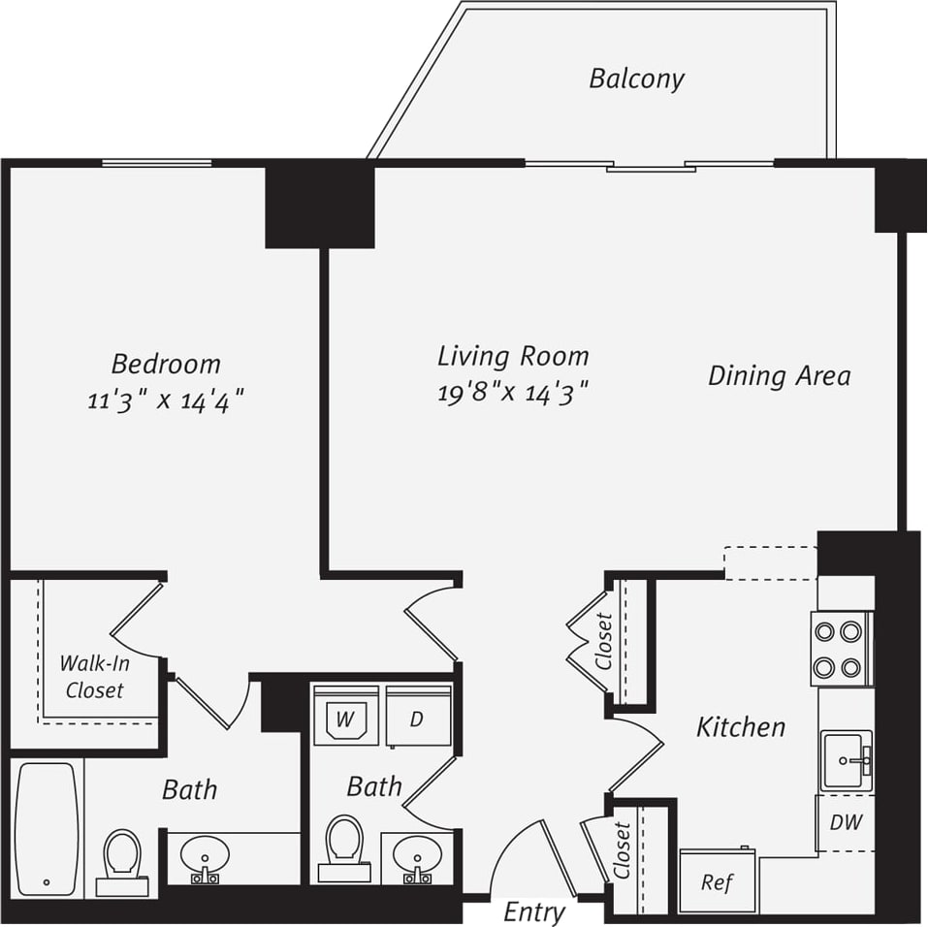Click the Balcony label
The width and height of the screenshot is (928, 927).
(x=636, y=79)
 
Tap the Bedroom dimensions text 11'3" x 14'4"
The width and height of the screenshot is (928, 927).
(x=165, y=400)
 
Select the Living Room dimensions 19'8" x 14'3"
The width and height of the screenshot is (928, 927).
(x=513, y=392)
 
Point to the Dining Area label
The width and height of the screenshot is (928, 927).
(x=779, y=375)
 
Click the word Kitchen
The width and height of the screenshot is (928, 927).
(x=741, y=726)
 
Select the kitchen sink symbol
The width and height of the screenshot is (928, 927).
(x=847, y=761)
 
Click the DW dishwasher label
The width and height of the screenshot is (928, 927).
(x=846, y=822)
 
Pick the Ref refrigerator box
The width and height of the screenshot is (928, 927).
(x=718, y=881)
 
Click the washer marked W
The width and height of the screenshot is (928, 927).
(x=346, y=717)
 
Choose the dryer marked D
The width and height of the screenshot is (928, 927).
(x=418, y=717)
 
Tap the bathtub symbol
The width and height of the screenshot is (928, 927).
(x=47, y=829)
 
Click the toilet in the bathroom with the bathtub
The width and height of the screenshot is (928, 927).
(x=122, y=858)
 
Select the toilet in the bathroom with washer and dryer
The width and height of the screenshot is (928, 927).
(x=344, y=845)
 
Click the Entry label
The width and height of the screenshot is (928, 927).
(x=534, y=911)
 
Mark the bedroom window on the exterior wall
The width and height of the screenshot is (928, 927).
(x=157, y=163)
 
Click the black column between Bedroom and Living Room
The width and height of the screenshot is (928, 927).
(x=320, y=205)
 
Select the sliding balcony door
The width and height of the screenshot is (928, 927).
(x=650, y=166)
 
